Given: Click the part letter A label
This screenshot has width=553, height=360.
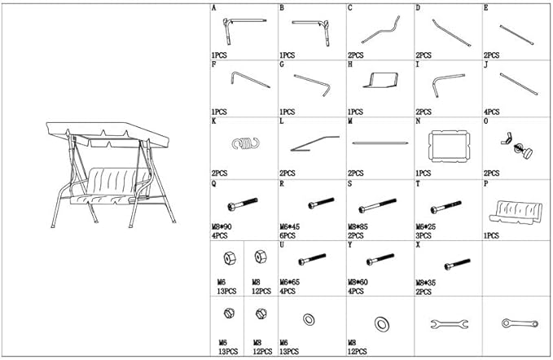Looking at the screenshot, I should coord(213,7).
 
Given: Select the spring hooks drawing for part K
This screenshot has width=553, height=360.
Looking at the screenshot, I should coord(243,143).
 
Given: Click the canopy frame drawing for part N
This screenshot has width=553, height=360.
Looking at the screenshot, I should coord(447,145).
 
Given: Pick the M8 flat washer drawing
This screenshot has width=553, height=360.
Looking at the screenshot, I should coord(380,322).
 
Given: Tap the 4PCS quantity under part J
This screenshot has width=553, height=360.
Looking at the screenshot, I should coord(492,111).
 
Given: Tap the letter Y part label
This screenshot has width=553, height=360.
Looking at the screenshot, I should coord(350,244).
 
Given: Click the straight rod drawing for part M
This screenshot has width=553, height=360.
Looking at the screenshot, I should coord(380,143).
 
